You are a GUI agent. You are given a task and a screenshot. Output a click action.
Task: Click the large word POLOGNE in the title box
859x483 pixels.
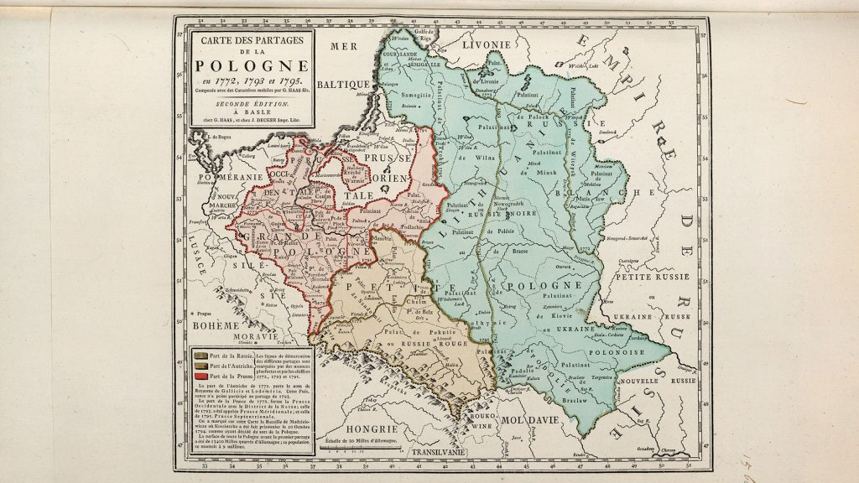251,66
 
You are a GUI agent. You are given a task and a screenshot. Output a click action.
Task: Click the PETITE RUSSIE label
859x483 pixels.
650,276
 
